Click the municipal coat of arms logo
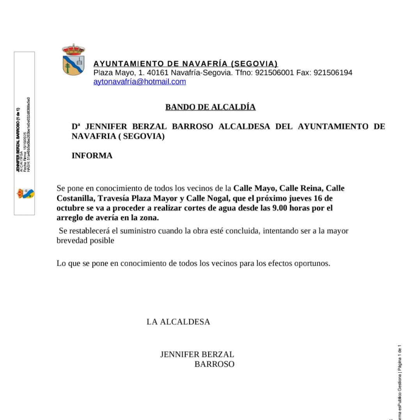click(x=73, y=60)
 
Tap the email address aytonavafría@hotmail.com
click(x=140, y=82)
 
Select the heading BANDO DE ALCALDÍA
click(x=211, y=107)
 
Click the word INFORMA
click(x=92, y=156)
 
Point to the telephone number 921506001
click(x=274, y=73)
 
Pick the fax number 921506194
click(x=333, y=73)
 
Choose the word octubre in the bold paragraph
click(x=70, y=208)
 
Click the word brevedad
click(x=73, y=241)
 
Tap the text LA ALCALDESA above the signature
click(x=178, y=322)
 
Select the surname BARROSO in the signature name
click(x=214, y=365)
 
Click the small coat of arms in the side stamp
click(x=25, y=193)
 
